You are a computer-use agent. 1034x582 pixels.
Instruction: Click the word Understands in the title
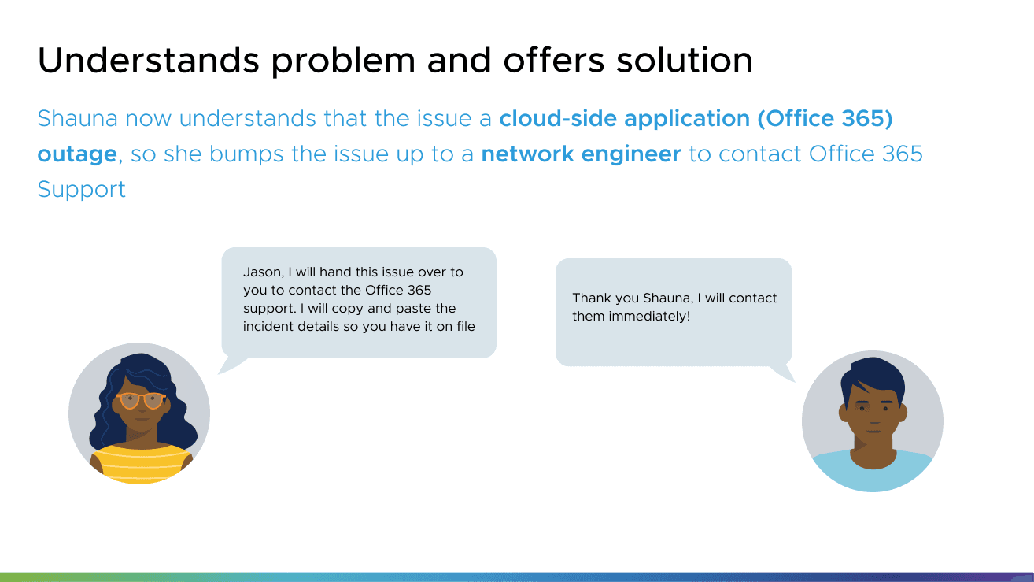click(148, 60)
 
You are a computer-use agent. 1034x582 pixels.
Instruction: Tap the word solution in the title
click(685, 60)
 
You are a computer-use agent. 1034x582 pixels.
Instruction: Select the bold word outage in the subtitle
click(77, 154)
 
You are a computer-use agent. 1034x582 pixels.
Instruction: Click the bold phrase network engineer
click(582, 154)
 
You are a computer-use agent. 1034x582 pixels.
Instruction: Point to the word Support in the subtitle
click(81, 190)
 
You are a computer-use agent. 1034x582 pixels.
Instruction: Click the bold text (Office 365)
click(825, 119)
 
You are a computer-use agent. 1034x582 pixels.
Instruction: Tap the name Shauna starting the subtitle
click(78, 119)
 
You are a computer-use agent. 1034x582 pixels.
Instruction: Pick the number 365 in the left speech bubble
click(419, 290)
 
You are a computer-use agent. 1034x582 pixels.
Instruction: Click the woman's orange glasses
click(142, 401)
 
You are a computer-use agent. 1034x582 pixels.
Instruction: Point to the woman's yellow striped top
click(142, 463)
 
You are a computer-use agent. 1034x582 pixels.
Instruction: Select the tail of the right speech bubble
click(782, 373)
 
